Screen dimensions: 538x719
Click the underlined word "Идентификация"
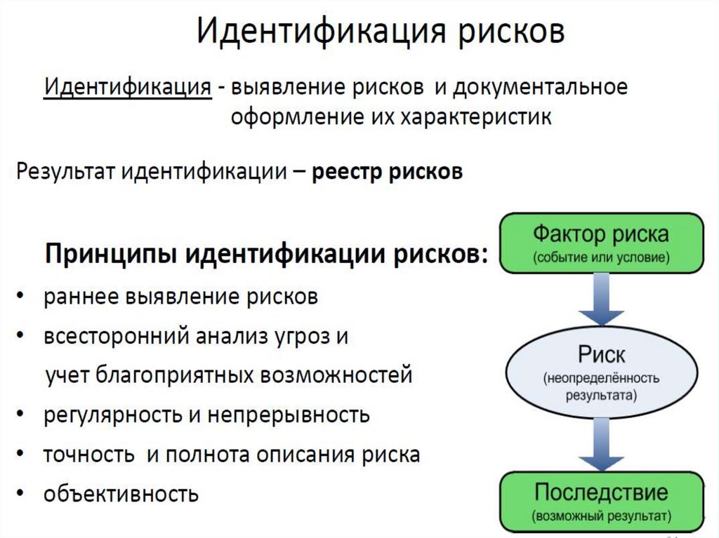click(128, 89)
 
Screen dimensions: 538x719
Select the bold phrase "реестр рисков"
click(387, 172)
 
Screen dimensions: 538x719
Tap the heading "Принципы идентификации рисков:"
click(266, 254)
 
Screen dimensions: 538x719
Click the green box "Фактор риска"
click(601, 243)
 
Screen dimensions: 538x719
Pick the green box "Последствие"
click(601, 501)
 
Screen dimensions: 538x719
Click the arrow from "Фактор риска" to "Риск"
click(601, 297)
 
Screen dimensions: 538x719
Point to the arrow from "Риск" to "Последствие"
click(601, 443)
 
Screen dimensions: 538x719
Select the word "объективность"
click(121, 495)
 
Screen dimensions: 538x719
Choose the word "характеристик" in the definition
click(476, 118)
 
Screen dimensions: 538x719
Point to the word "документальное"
click(540, 89)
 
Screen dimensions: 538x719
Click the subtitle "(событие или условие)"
click(601, 257)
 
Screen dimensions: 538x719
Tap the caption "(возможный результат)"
click(601, 517)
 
